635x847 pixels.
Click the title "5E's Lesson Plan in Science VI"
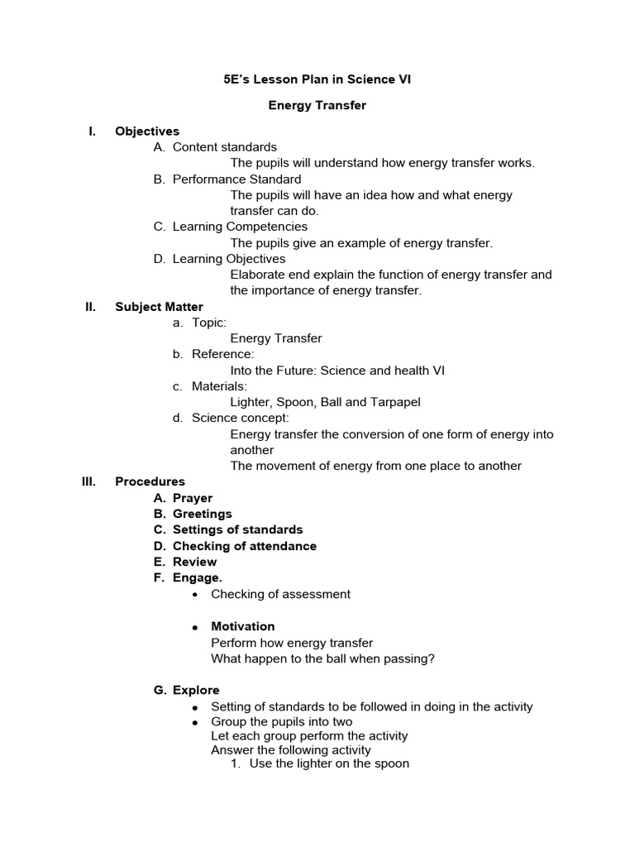pyautogui.click(x=317, y=79)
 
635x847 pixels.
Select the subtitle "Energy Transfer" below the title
pyautogui.click(x=317, y=106)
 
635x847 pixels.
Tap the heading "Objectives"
pyautogui.click(x=147, y=132)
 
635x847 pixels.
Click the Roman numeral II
pyautogui.click(x=91, y=307)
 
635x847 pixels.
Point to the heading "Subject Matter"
pyautogui.click(x=159, y=307)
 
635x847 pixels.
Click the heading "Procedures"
pyautogui.click(x=150, y=481)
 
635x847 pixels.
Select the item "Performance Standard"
pyautogui.click(x=236, y=179)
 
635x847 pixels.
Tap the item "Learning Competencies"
pyautogui.click(x=240, y=227)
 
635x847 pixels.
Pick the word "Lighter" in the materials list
pyautogui.click(x=249, y=402)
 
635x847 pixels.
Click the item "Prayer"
pyautogui.click(x=192, y=498)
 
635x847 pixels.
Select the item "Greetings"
pyautogui.click(x=202, y=514)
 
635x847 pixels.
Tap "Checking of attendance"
pyautogui.click(x=244, y=546)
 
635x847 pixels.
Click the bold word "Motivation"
pyautogui.click(x=242, y=626)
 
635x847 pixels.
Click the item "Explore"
pyautogui.click(x=196, y=690)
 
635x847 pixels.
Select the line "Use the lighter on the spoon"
pyautogui.click(x=329, y=763)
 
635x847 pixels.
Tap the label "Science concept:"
pyautogui.click(x=240, y=418)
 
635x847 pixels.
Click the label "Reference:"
pyautogui.click(x=222, y=354)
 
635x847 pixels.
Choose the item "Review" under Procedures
pyautogui.click(x=194, y=562)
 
